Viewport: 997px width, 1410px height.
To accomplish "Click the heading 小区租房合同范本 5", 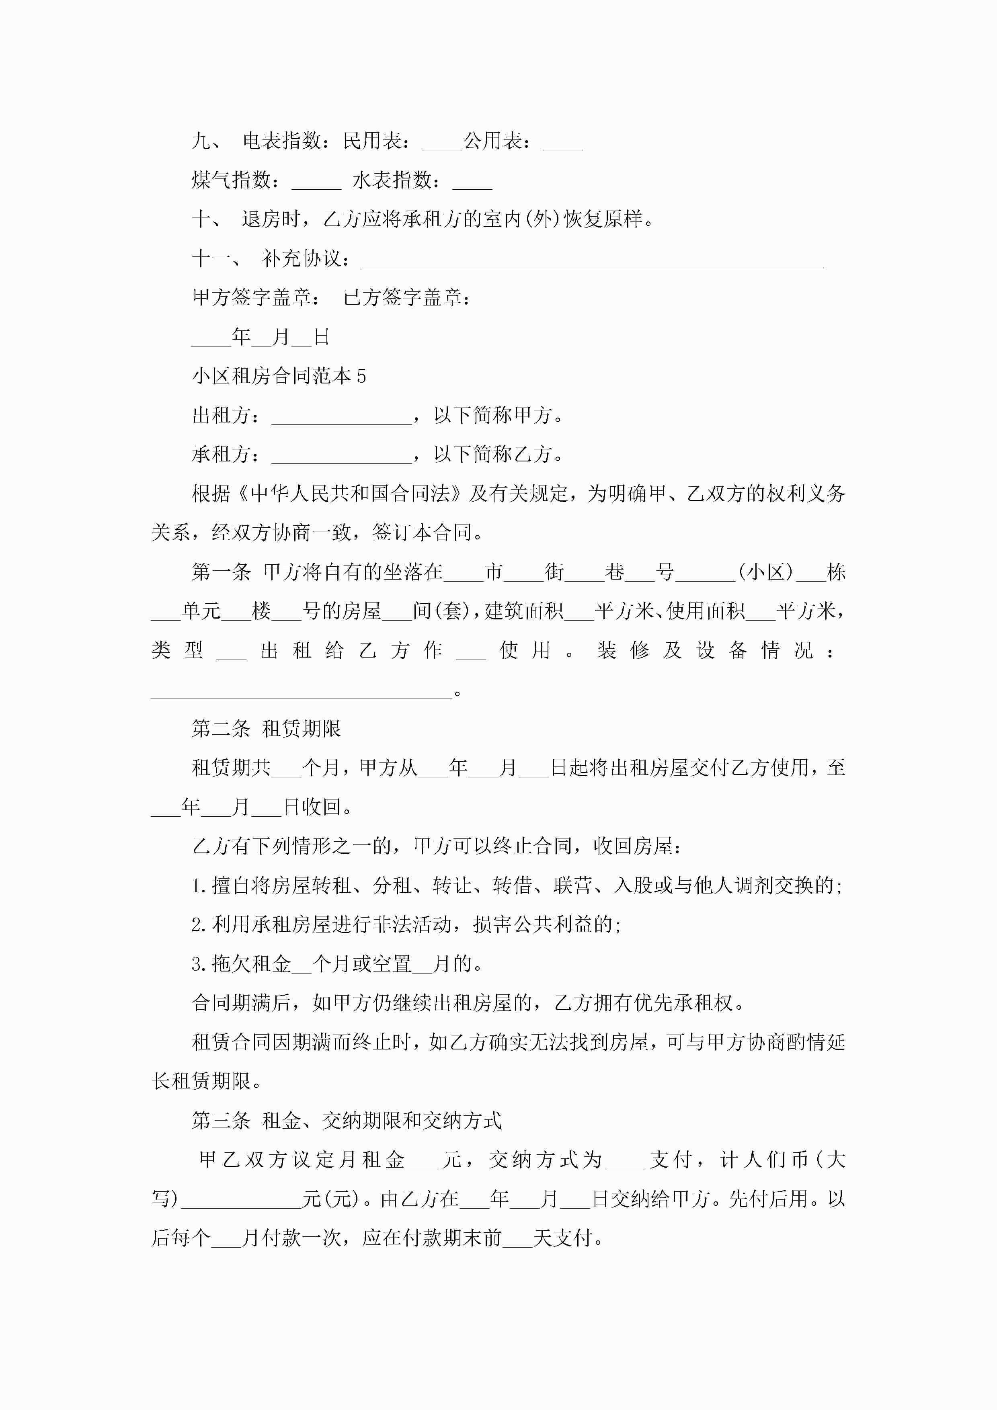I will [279, 376].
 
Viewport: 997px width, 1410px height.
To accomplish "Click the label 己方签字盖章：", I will [407, 298].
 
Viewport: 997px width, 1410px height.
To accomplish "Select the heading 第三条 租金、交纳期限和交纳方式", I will [347, 1120].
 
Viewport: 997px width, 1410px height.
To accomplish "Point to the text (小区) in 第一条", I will [765, 572].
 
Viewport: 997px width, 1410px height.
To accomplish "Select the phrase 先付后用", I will [768, 1199].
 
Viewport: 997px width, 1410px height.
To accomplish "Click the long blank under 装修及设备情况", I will [301, 694].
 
